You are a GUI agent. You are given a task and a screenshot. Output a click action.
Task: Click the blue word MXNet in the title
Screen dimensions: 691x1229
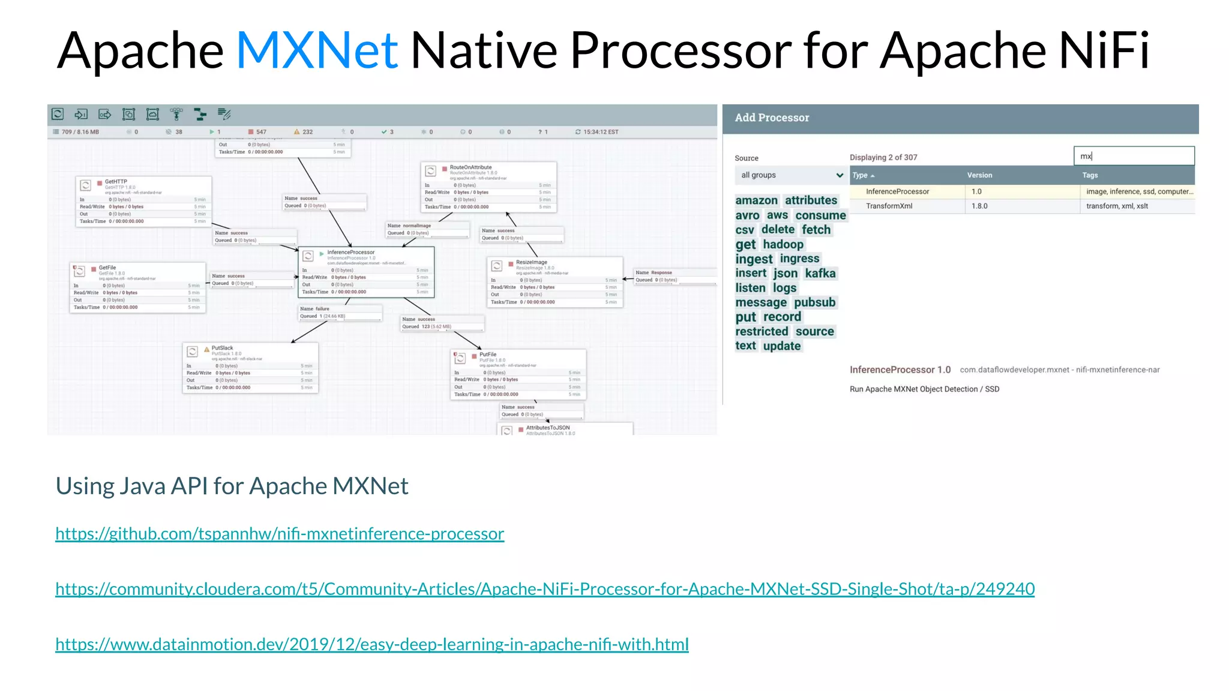317,50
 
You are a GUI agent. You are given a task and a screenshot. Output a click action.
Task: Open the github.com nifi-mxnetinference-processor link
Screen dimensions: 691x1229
280,533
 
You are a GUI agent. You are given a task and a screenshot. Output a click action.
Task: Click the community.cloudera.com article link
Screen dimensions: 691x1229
545,588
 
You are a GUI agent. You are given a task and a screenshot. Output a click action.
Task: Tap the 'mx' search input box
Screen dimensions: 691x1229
1133,156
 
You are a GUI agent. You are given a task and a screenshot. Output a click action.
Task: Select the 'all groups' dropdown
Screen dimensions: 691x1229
791,175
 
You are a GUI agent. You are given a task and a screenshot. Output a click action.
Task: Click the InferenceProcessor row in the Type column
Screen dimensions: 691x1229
897,191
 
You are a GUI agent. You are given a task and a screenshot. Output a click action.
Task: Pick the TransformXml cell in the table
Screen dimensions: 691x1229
889,206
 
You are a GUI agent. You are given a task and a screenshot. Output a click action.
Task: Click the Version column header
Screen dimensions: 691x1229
979,175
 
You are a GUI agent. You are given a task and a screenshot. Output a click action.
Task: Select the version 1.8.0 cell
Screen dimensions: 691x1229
979,206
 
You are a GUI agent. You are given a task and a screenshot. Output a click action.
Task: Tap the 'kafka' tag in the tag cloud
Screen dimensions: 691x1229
820,274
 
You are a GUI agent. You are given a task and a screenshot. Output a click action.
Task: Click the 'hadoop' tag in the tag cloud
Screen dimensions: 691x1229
783,244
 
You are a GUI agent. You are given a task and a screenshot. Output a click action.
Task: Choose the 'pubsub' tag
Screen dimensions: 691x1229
814,302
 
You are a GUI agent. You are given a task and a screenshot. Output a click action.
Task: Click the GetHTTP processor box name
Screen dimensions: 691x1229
116,181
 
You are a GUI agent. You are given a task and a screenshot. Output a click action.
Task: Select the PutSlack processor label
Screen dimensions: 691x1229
222,348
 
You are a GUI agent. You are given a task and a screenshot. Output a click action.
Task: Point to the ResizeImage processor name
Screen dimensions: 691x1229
531,262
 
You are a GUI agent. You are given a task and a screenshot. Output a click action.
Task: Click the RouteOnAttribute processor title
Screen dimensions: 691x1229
470,167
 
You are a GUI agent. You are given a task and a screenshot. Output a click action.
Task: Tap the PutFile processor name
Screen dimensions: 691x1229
488,354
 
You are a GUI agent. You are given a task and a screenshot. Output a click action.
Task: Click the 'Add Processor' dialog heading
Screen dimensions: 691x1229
772,118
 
